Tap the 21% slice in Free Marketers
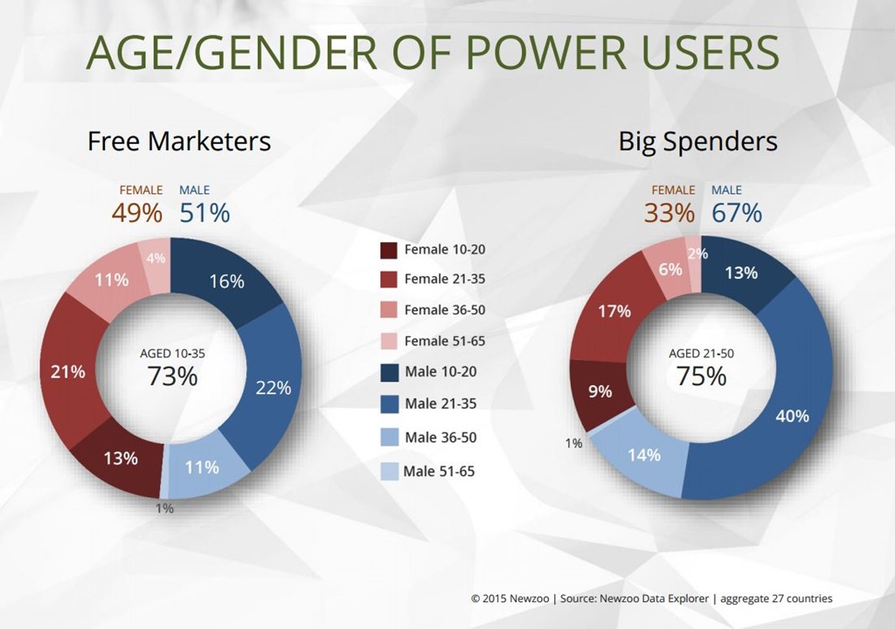point(68,371)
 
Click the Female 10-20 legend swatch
point(389,250)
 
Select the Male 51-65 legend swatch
point(389,472)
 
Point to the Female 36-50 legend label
point(444,309)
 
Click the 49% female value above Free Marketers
point(136,212)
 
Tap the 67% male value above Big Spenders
point(736,212)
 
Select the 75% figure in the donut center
point(701,376)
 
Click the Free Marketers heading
point(179,142)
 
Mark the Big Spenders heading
point(697,142)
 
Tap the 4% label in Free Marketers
point(156,259)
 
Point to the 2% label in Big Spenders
point(696,254)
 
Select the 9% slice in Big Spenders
point(600,391)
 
